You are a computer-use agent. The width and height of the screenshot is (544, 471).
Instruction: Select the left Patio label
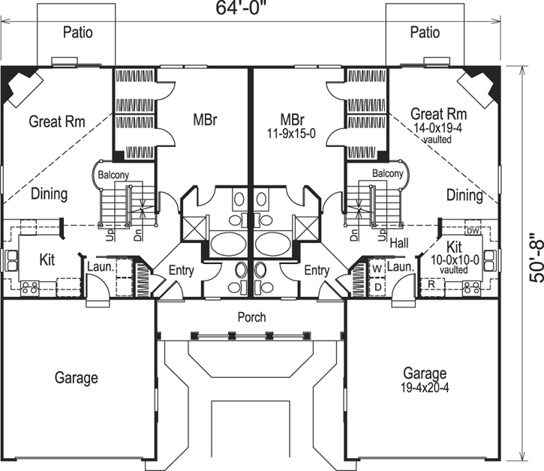pos(77,32)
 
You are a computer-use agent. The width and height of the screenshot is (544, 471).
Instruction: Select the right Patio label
pos(425,32)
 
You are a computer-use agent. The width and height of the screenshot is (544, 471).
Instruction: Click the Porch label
pos(251,317)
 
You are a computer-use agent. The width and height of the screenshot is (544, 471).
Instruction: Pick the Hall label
pos(398,242)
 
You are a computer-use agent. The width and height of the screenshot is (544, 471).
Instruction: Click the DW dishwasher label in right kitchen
pos(472,229)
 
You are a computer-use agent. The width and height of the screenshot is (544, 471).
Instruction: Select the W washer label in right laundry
pos(378,266)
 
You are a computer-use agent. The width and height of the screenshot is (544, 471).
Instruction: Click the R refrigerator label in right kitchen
pos(432,285)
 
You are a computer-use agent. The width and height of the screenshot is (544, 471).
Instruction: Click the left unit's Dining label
pos(50,194)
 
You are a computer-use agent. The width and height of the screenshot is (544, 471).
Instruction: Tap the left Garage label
pos(77,377)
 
